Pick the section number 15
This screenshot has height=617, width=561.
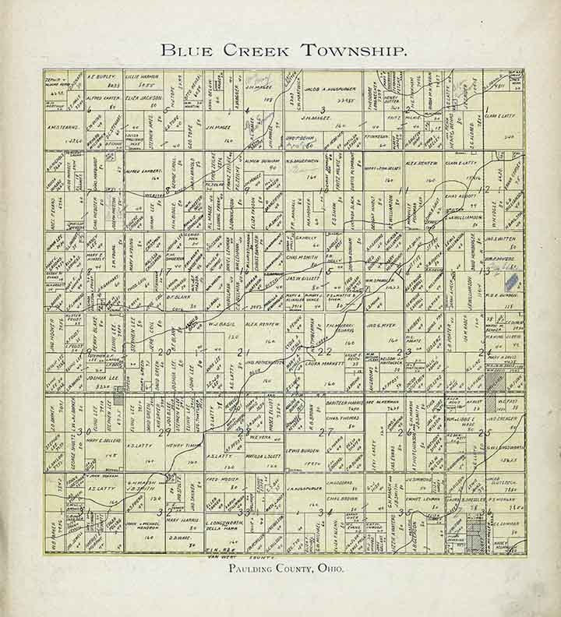pos(328,271)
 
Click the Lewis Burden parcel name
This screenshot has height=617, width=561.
pos(303,451)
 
